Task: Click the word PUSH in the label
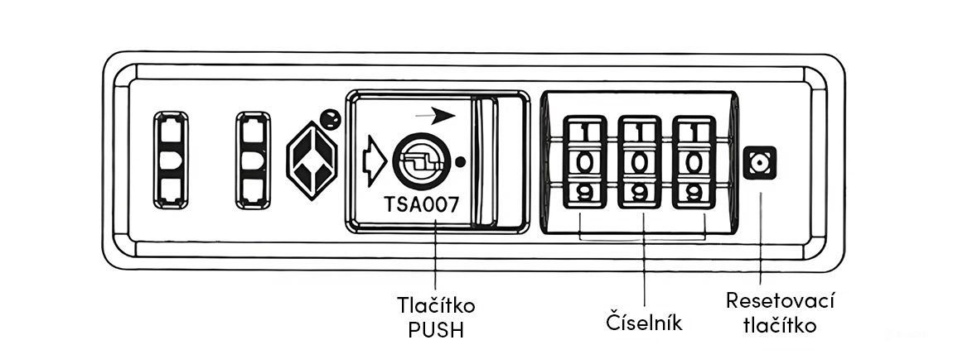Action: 436,330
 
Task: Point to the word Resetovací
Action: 768,300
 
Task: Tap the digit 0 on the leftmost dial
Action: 585,162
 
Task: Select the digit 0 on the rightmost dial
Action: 694,162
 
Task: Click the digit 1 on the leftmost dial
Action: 585,132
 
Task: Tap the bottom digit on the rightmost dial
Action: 694,192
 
